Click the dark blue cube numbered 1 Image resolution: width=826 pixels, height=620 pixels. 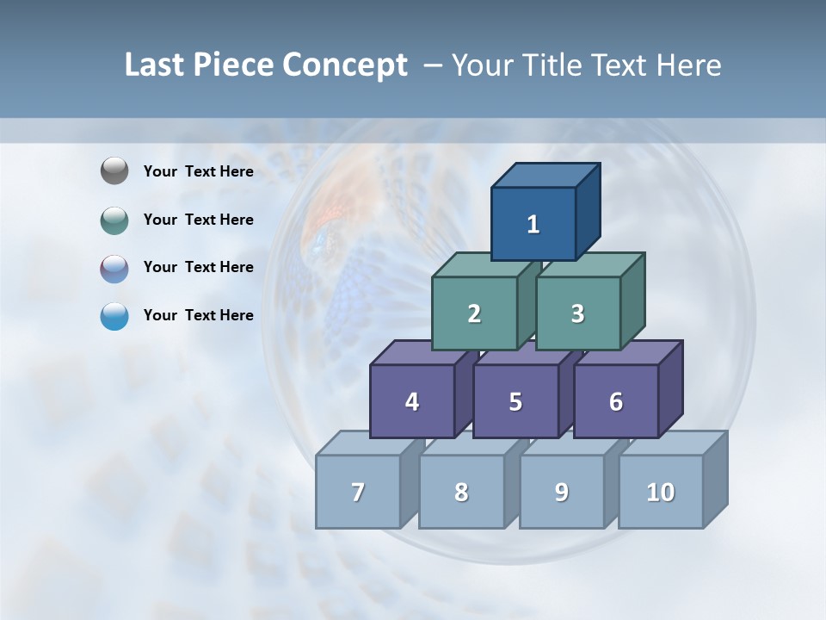pos(533,224)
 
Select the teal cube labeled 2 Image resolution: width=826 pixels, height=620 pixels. pos(474,313)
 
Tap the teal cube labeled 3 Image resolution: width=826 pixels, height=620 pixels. pos(577,313)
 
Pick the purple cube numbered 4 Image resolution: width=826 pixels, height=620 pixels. pos(412,401)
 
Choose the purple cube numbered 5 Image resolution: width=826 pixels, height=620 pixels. pos(515,401)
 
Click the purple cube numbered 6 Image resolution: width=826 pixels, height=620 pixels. pos(616,401)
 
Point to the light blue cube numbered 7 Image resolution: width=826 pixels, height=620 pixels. pos(358,492)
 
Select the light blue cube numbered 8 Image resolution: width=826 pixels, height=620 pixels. pos(461,492)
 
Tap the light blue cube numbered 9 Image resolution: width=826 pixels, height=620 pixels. pos(562,492)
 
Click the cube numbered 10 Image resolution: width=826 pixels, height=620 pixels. pos(661,492)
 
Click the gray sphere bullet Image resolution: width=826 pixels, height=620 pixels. pos(114,171)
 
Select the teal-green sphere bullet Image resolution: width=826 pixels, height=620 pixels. pos(114,220)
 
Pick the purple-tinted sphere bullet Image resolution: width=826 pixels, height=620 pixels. pos(114,268)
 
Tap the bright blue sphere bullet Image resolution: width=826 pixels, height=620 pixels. pos(114,315)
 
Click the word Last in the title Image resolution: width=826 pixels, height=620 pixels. pos(155,65)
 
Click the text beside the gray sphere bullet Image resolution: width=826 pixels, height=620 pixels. pos(199,171)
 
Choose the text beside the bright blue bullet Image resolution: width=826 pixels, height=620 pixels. pos(199,315)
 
